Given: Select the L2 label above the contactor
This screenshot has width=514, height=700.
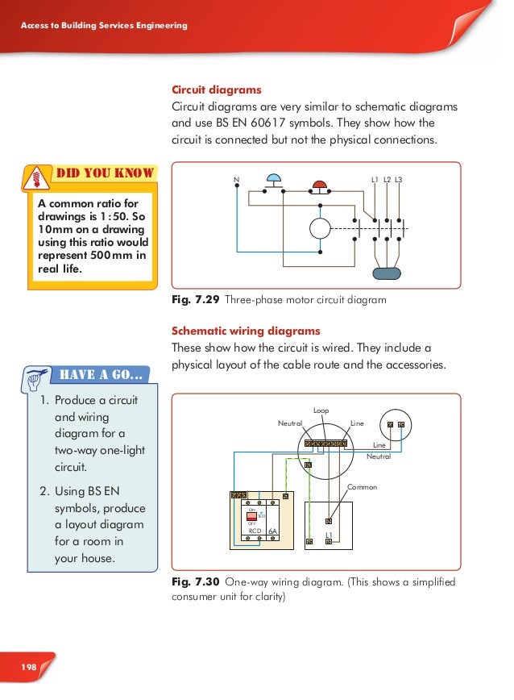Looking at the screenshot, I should click(387, 178).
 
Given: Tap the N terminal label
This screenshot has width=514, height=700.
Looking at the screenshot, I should click(237, 178).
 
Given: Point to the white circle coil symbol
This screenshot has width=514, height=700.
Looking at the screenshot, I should click(321, 228).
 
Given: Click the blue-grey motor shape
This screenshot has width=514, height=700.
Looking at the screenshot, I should click(388, 273).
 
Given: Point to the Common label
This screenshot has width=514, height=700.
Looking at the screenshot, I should click(362, 488).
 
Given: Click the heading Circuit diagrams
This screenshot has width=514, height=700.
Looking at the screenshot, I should click(216, 90).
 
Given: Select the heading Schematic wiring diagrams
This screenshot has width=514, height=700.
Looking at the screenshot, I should click(246, 331).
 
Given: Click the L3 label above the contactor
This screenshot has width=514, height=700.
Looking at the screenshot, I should click(399, 178).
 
